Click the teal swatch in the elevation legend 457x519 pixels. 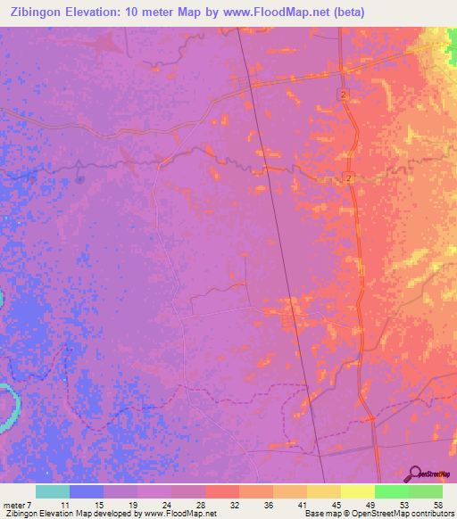53,491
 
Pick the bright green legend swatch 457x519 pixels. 392,491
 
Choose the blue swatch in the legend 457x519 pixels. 87,491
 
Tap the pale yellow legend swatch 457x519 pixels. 358,491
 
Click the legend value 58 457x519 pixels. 437,505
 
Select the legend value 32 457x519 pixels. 233,505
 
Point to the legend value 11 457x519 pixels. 64,505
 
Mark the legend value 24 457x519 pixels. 165,505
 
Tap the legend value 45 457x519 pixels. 336,505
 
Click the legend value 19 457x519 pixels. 131,505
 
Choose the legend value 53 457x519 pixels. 403,505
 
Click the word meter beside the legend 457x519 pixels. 15,505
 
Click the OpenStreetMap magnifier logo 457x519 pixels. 415,474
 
